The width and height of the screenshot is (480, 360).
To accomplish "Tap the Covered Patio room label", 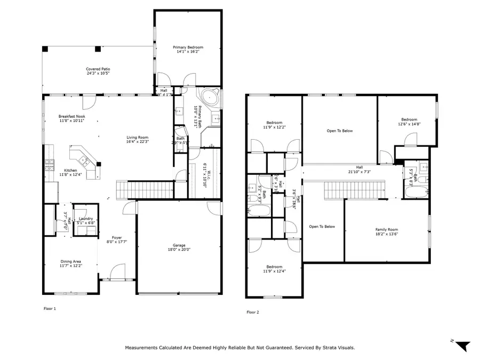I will click(x=98, y=69).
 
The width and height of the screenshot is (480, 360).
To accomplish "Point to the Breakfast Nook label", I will click(x=71, y=116).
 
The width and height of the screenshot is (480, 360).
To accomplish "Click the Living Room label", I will click(x=137, y=137).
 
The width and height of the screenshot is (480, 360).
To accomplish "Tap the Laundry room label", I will click(x=86, y=219).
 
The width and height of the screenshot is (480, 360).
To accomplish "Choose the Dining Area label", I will click(x=70, y=261).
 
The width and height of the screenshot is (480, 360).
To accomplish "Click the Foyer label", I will click(x=117, y=238).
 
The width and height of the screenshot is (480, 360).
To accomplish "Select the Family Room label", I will click(x=387, y=229).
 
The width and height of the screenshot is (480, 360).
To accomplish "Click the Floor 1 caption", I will click(x=50, y=308).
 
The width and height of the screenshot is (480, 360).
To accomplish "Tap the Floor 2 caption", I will click(x=252, y=312).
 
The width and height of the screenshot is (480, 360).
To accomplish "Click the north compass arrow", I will click(x=462, y=346).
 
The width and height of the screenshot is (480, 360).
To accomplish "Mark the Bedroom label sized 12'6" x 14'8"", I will click(x=409, y=119).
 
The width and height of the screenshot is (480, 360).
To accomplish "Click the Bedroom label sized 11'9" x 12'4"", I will click(x=274, y=267).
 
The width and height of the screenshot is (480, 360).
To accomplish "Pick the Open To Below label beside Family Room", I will click(x=322, y=227).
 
